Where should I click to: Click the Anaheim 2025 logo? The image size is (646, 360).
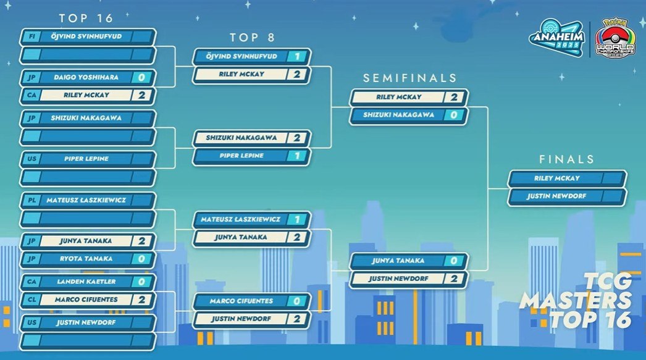pos(557,38)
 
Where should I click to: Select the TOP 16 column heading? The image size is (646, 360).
pos(86,18)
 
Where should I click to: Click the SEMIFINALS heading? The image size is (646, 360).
pos(410,78)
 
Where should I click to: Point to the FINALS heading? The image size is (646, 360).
pos(566,159)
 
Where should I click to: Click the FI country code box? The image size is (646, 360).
pos(31,36)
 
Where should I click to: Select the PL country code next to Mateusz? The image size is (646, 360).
pos(31,200)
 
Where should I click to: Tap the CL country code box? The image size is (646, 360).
pos(31,299)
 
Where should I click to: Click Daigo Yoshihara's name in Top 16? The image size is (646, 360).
pos(86,77)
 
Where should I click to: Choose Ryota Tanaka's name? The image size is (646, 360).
pos(86,259)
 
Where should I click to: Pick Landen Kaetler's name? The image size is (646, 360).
pos(86,282)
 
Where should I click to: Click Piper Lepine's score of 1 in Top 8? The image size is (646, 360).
pos(296,156)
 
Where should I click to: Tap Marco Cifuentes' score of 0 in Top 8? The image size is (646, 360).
pos(296,301)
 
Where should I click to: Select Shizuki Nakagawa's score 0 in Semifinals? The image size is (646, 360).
pos(453,115)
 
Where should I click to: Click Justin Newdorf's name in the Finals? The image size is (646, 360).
pos(556,196)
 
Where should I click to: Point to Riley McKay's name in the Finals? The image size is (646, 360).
pos(557,178)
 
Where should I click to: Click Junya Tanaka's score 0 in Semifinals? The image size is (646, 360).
pos(453,261)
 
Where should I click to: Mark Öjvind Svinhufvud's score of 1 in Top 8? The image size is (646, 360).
pos(296,56)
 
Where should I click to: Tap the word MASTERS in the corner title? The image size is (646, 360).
pos(576,300)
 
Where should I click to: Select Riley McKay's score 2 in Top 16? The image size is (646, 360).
pos(141,95)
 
